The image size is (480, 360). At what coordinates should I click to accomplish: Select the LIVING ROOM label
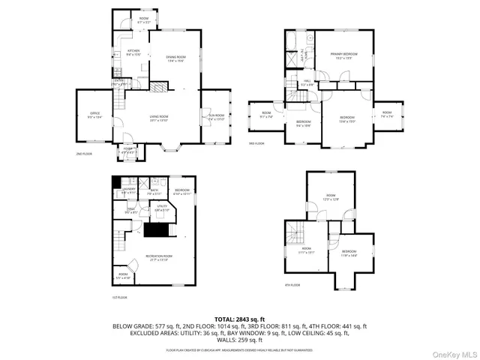(x=158, y=117)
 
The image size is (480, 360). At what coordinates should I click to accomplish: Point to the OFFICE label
(x=94, y=115)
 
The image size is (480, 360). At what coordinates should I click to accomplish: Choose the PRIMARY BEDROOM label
(x=343, y=55)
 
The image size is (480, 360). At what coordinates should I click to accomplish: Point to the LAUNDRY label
(x=128, y=190)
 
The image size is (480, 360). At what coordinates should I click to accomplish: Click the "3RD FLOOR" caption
(x=256, y=143)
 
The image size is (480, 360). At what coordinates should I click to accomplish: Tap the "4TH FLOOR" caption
(x=292, y=285)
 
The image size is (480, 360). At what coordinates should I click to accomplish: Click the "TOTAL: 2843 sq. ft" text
(x=239, y=319)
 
